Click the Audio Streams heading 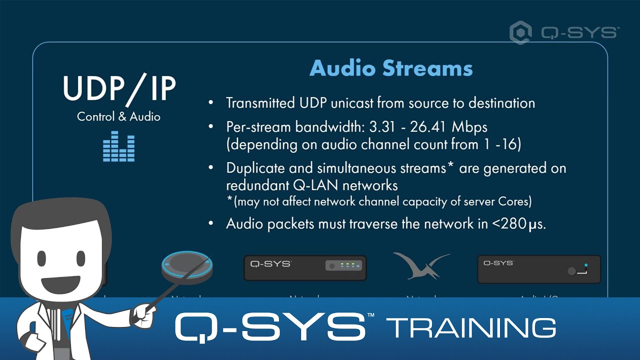click(x=391, y=68)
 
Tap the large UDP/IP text click(x=119, y=89)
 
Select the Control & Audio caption click(x=118, y=117)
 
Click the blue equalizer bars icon click(x=118, y=146)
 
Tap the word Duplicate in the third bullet click(x=254, y=168)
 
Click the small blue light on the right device click(x=586, y=265)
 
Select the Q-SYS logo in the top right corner click(x=564, y=33)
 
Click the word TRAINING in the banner click(x=471, y=327)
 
